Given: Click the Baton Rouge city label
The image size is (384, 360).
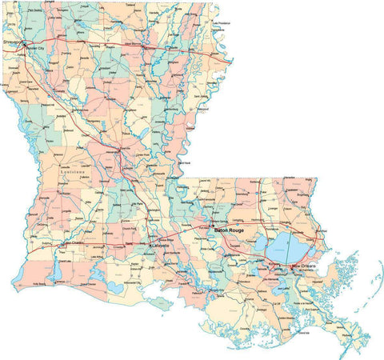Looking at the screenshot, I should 229,230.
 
